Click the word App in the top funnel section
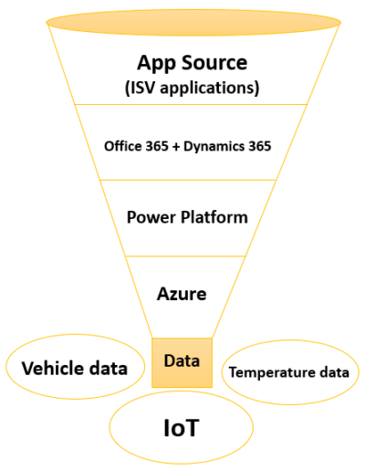point(156,64)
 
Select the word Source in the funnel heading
point(214,63)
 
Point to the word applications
point(210,89)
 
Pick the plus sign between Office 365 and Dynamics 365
point(176,147)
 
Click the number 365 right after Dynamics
point(260,146)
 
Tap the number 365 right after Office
point(157,146)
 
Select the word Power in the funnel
point(151,217)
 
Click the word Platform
point(214,217)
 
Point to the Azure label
point(182,294)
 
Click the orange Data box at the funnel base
point(182,362)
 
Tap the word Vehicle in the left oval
point(52,368)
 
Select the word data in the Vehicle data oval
point(108,368)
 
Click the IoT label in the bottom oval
point(182,428)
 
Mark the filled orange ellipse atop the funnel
point(193,23)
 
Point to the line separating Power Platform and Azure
point(185,256)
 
